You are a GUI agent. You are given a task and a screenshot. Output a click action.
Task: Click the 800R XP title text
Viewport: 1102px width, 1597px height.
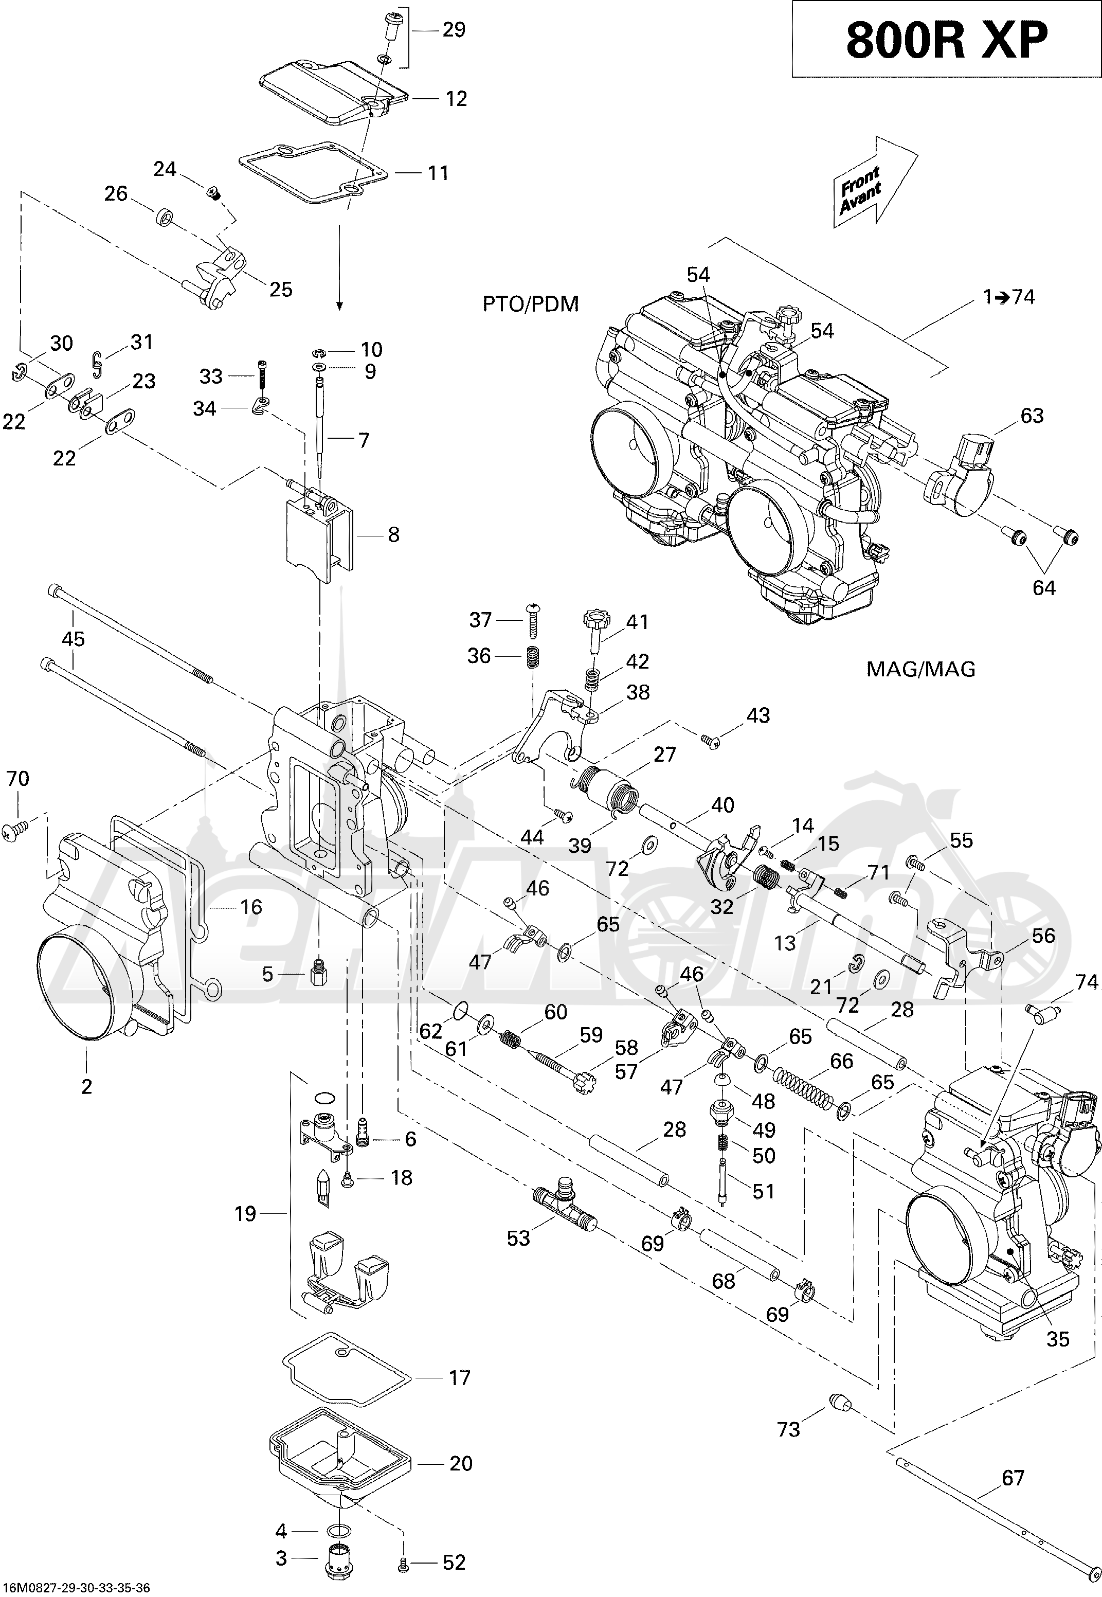947,40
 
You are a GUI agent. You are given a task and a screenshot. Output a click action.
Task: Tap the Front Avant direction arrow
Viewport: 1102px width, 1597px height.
874,181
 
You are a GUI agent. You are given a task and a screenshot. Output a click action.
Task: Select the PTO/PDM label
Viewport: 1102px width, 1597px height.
530,304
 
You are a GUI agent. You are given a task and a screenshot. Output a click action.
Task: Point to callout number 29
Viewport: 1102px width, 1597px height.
453,30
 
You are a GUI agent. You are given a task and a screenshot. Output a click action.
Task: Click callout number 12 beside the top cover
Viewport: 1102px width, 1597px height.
456,99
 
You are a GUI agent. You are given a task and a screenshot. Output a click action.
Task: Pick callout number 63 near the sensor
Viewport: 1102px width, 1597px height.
1032,416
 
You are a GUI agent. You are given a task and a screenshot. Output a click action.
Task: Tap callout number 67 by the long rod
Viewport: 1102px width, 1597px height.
1013,1478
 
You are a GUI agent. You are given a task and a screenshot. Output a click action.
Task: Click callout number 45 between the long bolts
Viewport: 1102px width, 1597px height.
73,639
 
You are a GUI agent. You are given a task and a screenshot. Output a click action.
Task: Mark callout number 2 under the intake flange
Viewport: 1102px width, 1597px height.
86,1087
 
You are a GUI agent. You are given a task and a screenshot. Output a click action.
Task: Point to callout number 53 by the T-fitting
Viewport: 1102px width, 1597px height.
518,1238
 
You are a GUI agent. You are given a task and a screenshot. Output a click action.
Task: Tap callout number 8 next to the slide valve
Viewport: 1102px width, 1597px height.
393,534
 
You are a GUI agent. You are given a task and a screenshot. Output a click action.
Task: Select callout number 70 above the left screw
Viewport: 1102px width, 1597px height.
17,779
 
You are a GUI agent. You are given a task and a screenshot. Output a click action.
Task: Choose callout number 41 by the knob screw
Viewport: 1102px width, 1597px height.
637,622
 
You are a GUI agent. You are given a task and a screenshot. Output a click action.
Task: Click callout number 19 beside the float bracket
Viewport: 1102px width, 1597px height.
245,1214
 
